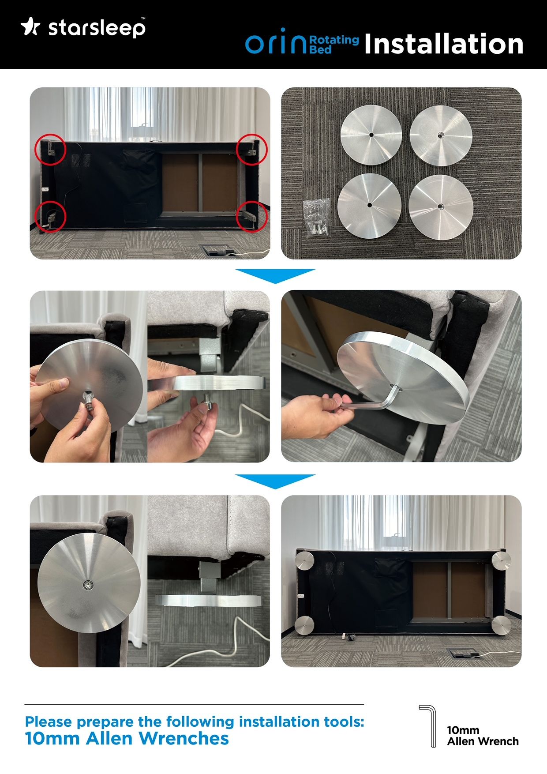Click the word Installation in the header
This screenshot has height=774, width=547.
(x=444, y=44)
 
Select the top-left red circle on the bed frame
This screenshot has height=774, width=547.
(x=50, y=150)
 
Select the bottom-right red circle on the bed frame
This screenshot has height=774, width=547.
(x=252, y=216)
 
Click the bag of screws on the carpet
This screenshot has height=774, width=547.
(x=317, y=217)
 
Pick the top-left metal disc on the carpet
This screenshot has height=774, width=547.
(x=371, y=135)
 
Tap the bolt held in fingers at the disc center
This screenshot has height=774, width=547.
(x=88, y=400)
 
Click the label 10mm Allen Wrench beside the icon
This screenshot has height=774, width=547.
(x=483, y=736)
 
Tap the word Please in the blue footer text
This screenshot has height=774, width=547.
(x=49, y=722)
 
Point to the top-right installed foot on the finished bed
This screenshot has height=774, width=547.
(x=502, y=560)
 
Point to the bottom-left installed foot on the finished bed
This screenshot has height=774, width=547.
(x=304, y=625)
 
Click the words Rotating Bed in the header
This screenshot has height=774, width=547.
(x=334, y=44)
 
